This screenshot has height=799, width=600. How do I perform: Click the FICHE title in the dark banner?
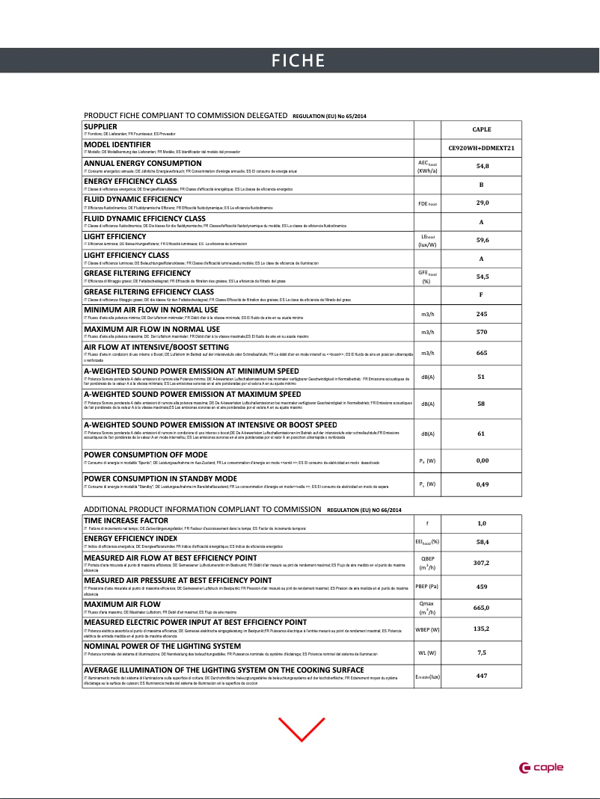[298, 61]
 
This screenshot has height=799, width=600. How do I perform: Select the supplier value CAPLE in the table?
[482, 129]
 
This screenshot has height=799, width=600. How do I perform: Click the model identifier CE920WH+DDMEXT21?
[482, 148]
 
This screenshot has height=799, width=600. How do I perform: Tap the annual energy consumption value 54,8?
[482, 166]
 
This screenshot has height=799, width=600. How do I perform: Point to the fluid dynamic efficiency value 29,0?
[482, 203]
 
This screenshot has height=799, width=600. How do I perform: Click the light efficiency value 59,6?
[482, 240]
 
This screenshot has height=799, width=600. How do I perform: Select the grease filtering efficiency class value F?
[482, 294]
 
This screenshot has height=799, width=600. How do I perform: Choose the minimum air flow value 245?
[482, 314]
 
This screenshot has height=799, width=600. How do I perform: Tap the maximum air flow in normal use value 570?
[482, 332]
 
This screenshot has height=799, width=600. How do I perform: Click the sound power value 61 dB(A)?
[482, 434]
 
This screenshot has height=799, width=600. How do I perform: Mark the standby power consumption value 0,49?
[482, 484]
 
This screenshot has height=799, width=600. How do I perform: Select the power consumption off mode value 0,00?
[482, 460]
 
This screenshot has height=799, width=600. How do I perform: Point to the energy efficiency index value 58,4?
[482, 541]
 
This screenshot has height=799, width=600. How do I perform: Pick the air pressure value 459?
[482, 587]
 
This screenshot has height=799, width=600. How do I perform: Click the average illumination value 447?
[482, 676]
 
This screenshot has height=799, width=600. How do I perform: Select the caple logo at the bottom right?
[542, 768]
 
